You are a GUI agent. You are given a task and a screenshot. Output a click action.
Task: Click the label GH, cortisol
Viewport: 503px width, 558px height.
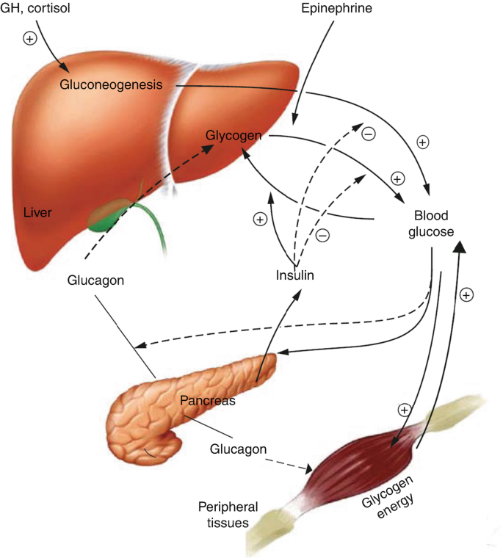point(35,8)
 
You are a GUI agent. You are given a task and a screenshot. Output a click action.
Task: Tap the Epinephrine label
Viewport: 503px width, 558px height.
point(336,8)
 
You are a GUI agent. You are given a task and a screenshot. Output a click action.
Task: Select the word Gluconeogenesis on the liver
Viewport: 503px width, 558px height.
point(111,84)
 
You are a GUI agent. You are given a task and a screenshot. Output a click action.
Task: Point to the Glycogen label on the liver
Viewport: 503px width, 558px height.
point(234,136)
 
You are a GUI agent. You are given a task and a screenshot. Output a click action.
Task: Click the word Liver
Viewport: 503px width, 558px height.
point(37,212)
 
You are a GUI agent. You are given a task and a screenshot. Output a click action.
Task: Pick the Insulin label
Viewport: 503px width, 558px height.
point(294,275)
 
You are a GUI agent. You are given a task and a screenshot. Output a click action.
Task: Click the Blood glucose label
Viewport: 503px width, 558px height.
point(431,223)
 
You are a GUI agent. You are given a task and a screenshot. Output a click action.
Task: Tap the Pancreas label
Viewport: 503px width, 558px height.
point(208,400)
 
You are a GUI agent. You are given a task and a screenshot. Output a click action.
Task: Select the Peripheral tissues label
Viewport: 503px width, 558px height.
point(228,515)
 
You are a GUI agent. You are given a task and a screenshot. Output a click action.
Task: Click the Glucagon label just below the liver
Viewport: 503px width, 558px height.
point(95,280)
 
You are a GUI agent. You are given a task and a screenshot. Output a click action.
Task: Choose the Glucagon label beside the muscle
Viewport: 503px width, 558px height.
point(238,449)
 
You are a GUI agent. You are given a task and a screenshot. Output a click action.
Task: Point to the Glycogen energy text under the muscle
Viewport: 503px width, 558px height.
point(388,497)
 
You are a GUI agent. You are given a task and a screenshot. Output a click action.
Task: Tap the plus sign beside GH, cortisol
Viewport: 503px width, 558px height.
point(30,38)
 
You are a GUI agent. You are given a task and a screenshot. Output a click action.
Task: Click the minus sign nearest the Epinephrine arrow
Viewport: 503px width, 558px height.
point(369,134)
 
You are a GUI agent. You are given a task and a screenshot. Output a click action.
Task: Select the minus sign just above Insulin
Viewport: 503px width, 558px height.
point(323,235)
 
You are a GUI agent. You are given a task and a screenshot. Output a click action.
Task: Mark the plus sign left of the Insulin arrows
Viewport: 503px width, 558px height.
point(260,220)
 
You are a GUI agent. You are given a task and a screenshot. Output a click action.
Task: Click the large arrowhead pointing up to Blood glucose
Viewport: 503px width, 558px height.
point(460,246)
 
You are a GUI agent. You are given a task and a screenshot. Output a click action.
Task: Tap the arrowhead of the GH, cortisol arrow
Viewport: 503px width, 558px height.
point(65,67)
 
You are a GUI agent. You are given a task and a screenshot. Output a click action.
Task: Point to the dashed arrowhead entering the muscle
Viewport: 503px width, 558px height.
point(308,468)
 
